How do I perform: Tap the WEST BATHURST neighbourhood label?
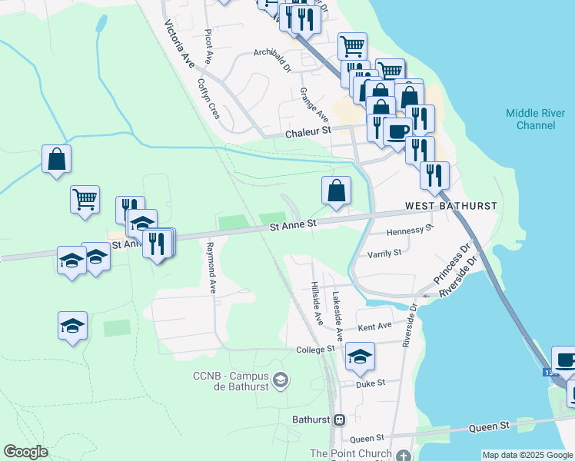451,207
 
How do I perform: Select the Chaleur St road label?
307,132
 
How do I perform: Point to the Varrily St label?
384,253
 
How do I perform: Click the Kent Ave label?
375,327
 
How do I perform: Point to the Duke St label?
370,382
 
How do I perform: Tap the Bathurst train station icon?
339,420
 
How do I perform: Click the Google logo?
26,452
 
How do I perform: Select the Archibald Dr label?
272,61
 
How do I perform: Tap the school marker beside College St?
360,356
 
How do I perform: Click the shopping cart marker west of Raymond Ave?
85,198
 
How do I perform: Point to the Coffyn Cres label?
208,98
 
